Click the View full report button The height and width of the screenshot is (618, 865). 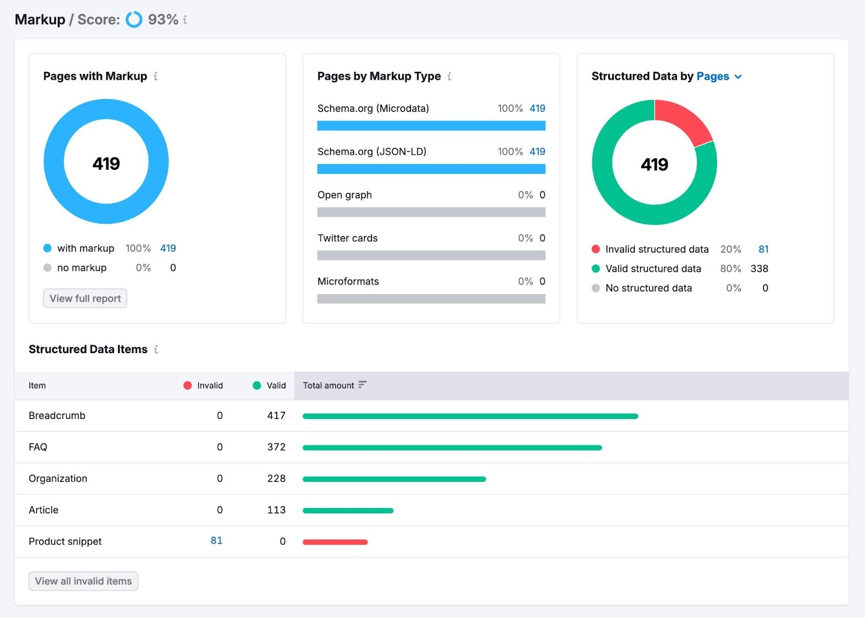tap(85, 298)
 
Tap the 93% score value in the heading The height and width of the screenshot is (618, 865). tap(163, 19)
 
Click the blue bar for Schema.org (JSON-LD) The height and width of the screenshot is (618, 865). tap(431, 169)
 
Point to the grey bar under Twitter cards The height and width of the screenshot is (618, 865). tap(431, 256)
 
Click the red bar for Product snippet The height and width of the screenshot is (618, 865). tap(335, 542)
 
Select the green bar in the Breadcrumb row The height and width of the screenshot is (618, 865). tap(470, 416)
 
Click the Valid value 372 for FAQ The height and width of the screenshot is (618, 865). tap(276, 447)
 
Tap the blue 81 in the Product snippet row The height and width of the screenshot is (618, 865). tap(216, 541)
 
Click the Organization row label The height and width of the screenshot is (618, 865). tap(58, 479)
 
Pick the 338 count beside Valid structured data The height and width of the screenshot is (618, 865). tap(759, 269)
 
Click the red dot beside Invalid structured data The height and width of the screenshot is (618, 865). tap(596, 249)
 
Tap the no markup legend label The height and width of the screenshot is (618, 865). tap(82, 268)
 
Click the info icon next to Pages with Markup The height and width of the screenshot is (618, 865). tap(156, 76)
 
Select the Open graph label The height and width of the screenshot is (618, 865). tap(344, 195)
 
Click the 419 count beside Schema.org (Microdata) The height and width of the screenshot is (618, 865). tap(537, 108)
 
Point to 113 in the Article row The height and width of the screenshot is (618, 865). tap(276, 510)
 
